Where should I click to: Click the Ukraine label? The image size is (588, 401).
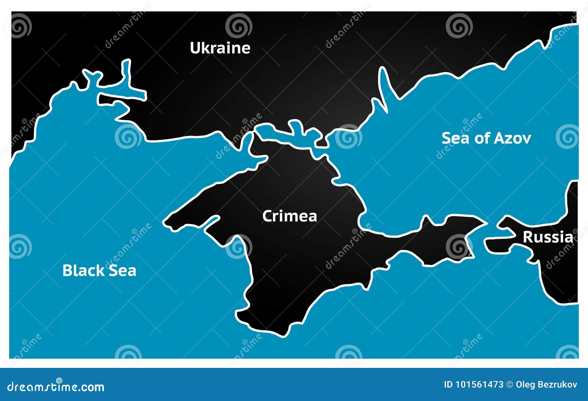point(220,48)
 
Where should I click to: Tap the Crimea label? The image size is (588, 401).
point(290,216)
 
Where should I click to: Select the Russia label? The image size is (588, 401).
point(548,237)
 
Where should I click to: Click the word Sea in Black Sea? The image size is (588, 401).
point(122,271)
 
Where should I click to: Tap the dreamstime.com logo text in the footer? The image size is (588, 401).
point(56,387)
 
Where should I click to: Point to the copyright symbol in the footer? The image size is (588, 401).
point(509,385)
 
